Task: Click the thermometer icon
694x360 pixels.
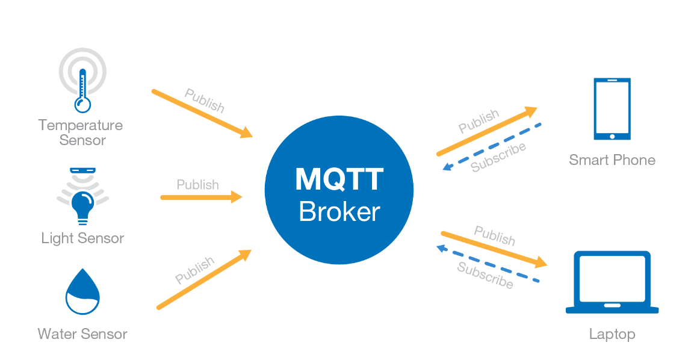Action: click(x=82, y=90)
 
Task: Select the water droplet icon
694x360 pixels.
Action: click(x=82, y=292)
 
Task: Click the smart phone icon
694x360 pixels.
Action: click(x=612, y=109)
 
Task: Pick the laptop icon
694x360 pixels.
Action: click(x=612, y=282)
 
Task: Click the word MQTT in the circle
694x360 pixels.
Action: click(x=339, y=179)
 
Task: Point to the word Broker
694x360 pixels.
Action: click(x=339, y=211)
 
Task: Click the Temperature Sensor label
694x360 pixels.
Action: click(x=81, y=132)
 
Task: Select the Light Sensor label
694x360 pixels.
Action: click(x=82, y=238)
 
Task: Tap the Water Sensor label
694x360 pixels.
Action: click(x=82, y=334)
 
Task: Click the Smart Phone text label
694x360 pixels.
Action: click(x=612, y=160)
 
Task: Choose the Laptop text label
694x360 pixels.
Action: click(x=612, y=334)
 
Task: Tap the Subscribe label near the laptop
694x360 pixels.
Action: click(x=485, y=275)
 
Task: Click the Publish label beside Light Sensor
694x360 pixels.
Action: click(x=197, y=184)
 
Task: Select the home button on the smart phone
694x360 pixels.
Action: click(x=612, y=136)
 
